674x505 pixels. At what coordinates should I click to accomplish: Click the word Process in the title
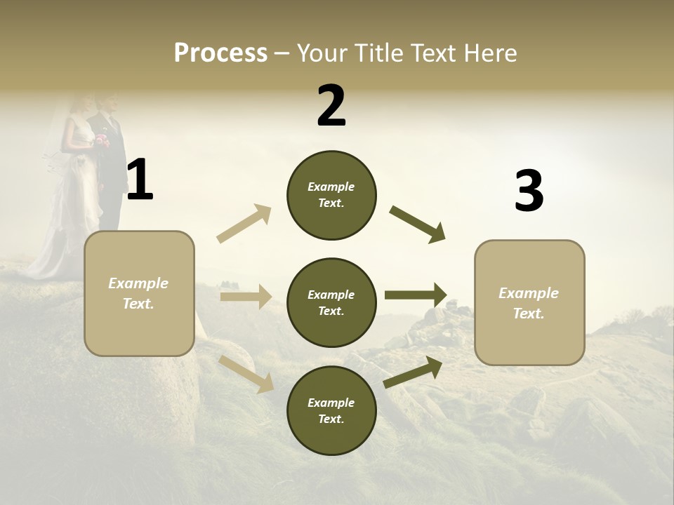[220, 53]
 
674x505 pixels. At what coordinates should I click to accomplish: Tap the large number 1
[140, 180]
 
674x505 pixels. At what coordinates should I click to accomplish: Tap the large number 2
[331, 106]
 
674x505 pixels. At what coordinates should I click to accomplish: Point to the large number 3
[529, 191]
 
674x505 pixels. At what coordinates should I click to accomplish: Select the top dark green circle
[331, 195]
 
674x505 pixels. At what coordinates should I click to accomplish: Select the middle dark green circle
[331, 302]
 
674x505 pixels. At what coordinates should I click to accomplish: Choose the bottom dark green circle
[331, 410]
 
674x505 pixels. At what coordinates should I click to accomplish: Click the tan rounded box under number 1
[139, 293]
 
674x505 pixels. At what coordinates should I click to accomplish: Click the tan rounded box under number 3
[529, 302]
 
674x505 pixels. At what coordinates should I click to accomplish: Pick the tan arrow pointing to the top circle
[244, 223]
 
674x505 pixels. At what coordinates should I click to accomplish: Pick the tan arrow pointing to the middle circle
[246, 297]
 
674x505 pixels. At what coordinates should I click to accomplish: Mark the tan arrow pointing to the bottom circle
[246, 374]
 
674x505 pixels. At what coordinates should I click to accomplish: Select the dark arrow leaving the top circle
[418, 224]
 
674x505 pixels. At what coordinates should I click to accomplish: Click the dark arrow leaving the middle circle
[416, 295]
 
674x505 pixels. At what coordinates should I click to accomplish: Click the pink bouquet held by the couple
[103, 140]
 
